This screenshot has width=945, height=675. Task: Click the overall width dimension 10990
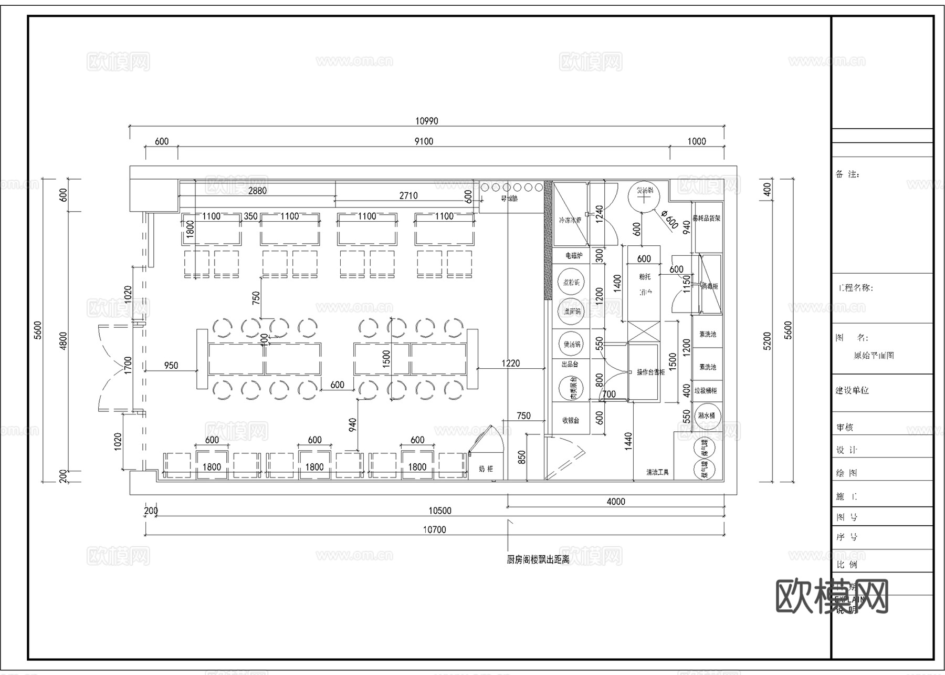[426, 121]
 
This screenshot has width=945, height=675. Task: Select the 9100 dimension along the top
[424, 141]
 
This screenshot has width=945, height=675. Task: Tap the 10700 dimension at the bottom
[434, 530]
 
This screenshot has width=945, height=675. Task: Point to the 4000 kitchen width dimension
[616, 502]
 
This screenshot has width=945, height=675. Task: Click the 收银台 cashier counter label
[571, 420]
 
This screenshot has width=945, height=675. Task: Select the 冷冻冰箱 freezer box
[570, 214]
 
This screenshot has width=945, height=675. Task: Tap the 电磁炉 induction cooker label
[573, 256]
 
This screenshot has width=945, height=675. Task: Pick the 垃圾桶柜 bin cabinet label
[706, 391]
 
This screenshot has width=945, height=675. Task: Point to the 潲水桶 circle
[707, 416]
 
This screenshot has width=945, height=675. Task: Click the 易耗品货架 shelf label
[706, 218]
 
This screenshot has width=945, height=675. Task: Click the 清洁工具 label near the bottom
[657, 472]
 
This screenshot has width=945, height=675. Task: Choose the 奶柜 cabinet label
[486, 469]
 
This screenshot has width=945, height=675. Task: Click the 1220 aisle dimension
[510, 363]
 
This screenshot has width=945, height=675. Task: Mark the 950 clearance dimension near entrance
[171, 365]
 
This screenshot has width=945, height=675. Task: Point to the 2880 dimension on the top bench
[257, 191]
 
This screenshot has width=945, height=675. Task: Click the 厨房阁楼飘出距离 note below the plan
[538, 560]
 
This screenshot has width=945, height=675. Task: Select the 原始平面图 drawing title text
[874, 356]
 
